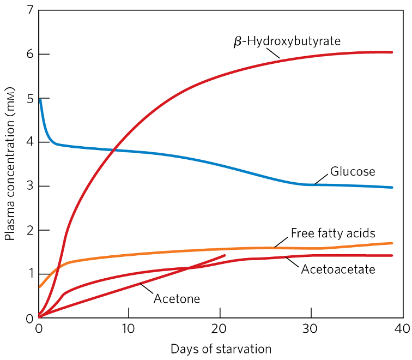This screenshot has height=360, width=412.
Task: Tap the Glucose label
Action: [352, 171]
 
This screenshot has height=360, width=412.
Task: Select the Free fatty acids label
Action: [332, 233]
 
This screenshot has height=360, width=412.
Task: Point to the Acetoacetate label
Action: [338, 269]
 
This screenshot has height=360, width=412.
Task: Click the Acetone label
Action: [177, 298]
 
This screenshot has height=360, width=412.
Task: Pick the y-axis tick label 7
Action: [28, 10]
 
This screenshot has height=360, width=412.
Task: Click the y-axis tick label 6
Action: [28, 55]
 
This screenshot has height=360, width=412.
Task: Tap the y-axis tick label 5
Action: [28, 98]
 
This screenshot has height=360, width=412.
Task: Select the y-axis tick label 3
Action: [28, 187]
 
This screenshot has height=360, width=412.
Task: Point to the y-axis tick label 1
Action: [28, 274]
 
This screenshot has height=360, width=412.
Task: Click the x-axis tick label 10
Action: [129, 329]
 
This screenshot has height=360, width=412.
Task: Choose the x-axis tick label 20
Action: [220, 329]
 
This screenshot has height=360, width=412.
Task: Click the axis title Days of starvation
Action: [220, 348]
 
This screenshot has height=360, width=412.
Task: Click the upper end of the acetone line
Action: [225, 255]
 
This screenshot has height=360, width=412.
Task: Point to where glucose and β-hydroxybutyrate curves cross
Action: [113, 150]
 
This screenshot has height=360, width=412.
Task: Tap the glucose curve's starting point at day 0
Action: [39, 99]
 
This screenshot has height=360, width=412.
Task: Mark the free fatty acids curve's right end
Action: [392, 243]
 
